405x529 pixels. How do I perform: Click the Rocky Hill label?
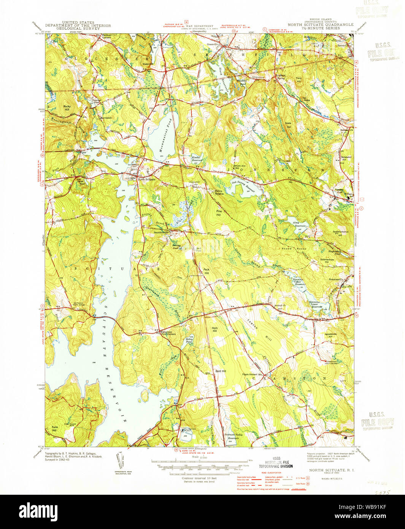click(67, 108)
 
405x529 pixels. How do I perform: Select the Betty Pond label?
click(189, 341)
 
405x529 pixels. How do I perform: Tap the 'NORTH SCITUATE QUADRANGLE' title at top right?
click(320, 24)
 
